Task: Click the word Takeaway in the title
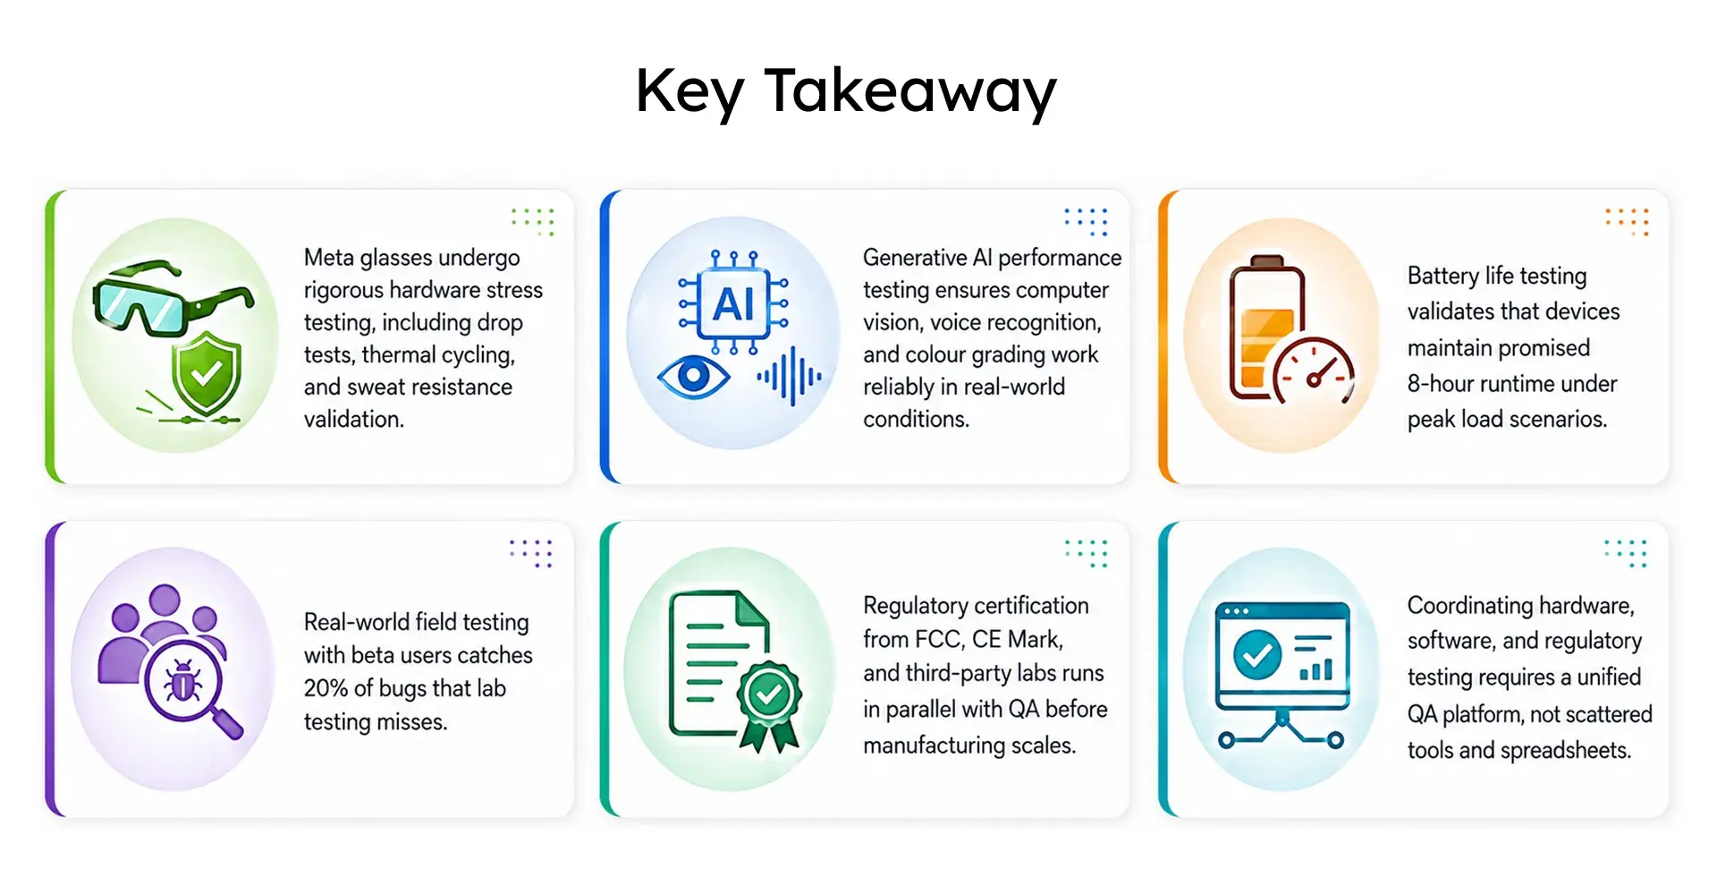[910, 91]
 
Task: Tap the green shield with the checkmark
[207, 373]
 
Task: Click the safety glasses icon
[172, 295]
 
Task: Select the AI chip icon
[733, 304]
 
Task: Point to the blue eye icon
[693, 376]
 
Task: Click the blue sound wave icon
[789, 377]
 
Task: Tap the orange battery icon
[1266, 328]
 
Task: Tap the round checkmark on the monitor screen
[1257, 655]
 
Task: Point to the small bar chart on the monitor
[1315, 669]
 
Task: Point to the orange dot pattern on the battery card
[1627, 221]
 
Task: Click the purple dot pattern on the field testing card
[531, 553]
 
